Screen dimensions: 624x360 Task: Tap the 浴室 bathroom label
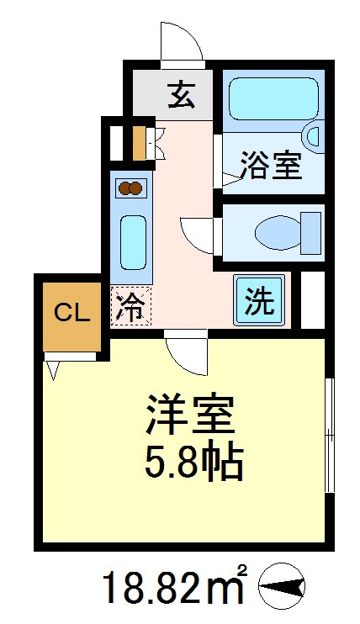271,165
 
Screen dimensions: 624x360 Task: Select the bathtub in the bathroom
273,102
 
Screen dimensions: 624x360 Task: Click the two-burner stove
131,188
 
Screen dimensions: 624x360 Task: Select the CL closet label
72,315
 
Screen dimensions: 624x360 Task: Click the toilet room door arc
198,233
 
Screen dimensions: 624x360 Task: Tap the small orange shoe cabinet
140,143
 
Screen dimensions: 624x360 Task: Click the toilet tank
311,233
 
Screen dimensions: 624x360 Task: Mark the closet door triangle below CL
52,368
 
